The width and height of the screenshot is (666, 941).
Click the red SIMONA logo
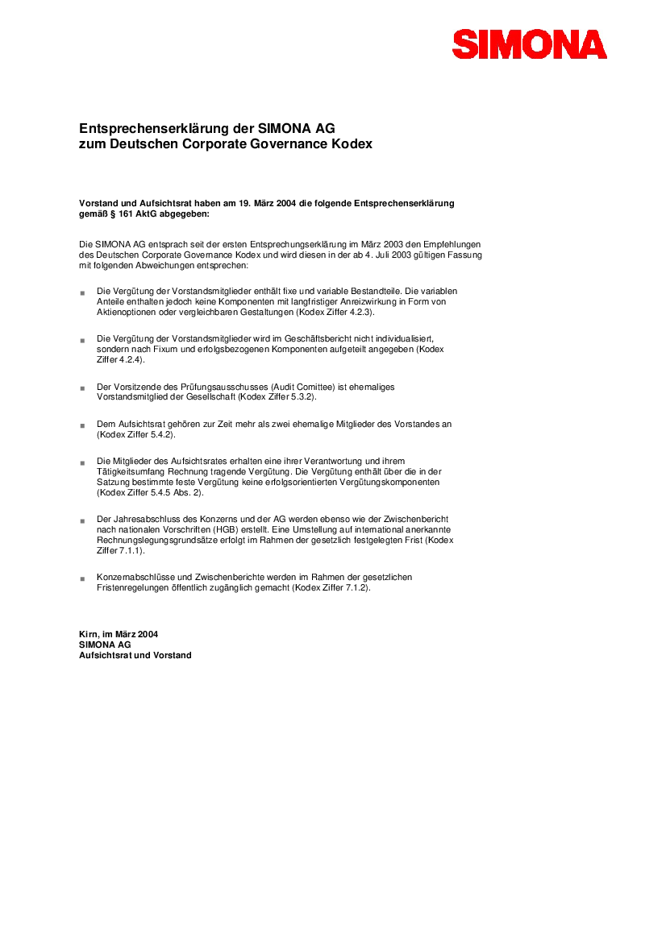pyautogui.click(x=529, y=44)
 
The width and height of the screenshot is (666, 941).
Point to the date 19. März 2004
pyautogui.click(x=280, y=203)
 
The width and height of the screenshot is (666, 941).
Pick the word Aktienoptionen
pyautogui.click(x=125, y=312)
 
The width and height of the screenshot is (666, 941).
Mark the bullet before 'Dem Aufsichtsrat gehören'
pyautogui.click(x=82, y=425)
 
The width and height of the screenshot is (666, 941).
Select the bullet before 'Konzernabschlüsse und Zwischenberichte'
pyautogui.click(x=82, y=578)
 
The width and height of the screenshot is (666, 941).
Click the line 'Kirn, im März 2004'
pyautogui.click(x=118, y=635)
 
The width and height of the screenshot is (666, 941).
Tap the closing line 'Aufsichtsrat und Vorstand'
pyautogui.click(x=135, y=656)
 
